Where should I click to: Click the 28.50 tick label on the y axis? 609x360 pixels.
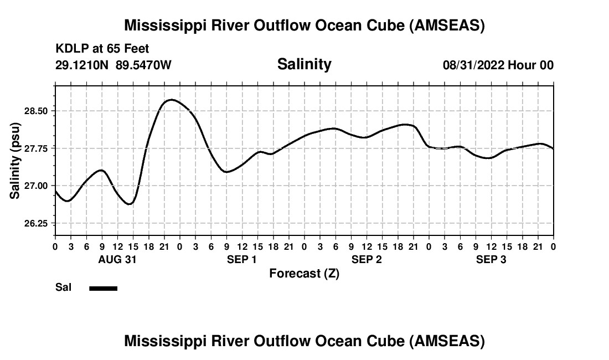point(37,111)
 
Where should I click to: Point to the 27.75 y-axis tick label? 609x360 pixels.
point(37,148)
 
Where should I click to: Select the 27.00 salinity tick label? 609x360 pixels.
point(37,186)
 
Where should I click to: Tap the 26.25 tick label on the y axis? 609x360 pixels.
point(37,223)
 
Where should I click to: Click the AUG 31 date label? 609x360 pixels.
point(117,259)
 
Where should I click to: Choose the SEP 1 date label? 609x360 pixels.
point(241,259)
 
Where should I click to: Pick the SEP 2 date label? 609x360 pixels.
point(367,259)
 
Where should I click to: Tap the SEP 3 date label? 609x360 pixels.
point(491,259)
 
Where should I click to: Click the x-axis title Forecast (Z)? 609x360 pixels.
point(304,273)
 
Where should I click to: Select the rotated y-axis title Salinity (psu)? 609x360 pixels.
point(15,160)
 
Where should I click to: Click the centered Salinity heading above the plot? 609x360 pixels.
point(304,64)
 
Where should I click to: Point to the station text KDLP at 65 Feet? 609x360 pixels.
point(102,49)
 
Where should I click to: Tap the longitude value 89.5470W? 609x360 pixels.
point(143,65)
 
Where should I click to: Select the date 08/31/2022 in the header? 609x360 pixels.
point(473,65)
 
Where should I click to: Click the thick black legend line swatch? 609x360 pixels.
point(104,288)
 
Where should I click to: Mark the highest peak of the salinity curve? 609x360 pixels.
point(172,100)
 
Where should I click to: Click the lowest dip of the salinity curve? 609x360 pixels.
point(130,204)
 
